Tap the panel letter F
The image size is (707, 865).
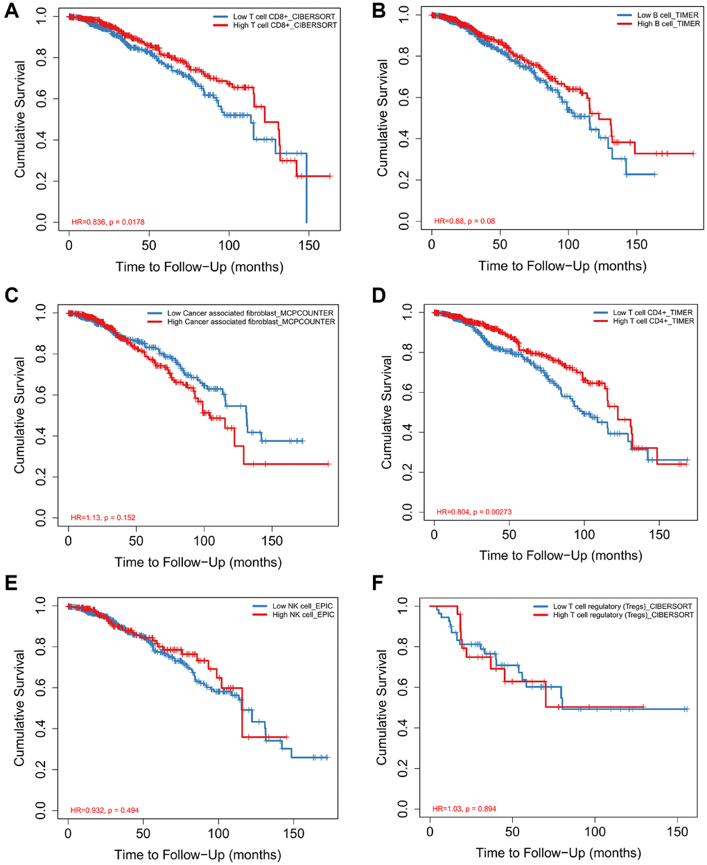click(x=378, y=582)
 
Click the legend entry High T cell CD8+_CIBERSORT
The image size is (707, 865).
click(x=285, y=25)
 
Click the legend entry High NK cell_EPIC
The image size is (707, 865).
click(x=303, y=615)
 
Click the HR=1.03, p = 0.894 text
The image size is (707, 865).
click(x=464, y=809)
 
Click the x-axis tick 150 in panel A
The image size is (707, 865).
click(x=309, y=246)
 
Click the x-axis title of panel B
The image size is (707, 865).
click(x=562, y=266)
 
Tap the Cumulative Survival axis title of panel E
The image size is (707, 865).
click(x=19, y=707)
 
